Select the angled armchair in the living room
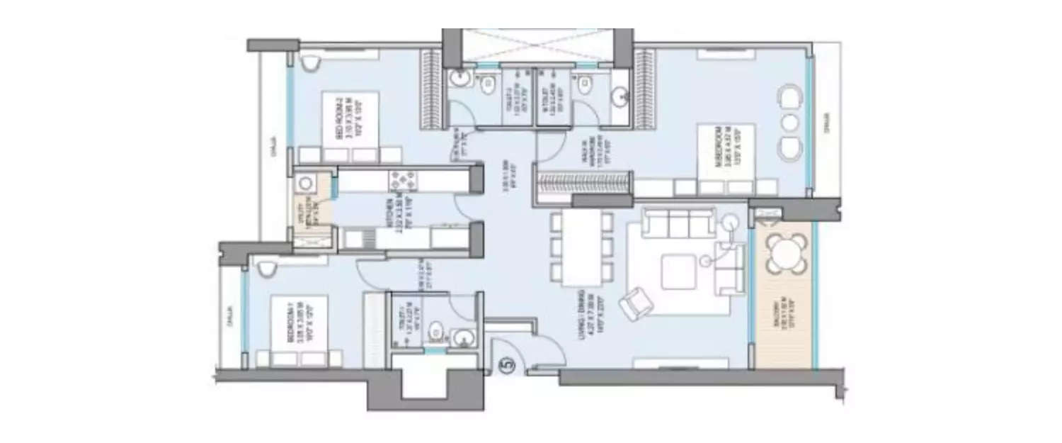[x=636, y=303]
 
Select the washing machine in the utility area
[x=305, y=183]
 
